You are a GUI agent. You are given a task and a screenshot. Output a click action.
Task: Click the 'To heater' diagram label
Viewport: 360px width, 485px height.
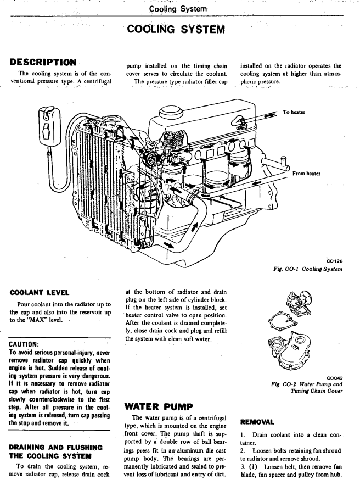pyautogui.click(x=295, y=112)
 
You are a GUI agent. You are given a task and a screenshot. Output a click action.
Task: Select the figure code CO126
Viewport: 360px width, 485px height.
pyautogui.click(x=334, y=261)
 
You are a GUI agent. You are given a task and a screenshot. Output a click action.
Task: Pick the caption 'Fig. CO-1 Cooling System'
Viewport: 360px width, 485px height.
pyautogui.click(x=307, y=269)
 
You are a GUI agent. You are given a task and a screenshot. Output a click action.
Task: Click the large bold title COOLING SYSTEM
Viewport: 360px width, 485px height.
pyautogui.click(x=175, y=29)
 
